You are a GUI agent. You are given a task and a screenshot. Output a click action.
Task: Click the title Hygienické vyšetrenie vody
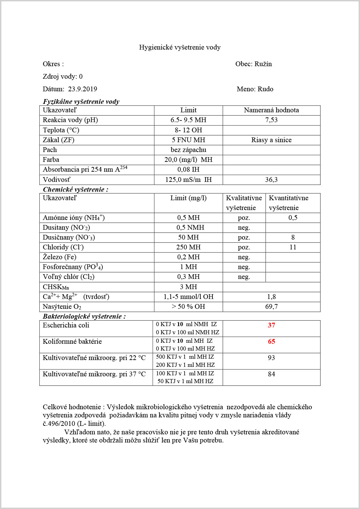click(x=180, y=47)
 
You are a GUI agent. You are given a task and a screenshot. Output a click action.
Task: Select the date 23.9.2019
click(x=82, y=89)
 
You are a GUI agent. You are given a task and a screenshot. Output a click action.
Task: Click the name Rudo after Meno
click(x=265, y=89)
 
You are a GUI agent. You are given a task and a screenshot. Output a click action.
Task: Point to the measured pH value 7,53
click(x=271, y=120)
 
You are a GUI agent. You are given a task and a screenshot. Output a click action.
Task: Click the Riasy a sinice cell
click(x=271, y=140)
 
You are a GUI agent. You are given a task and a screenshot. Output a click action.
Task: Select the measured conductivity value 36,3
click(x=271, y=180)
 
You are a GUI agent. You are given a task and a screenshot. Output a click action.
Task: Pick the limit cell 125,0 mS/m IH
click(x=188, y=180)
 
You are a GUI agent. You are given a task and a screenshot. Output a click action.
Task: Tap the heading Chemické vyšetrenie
click(x=75, y=189)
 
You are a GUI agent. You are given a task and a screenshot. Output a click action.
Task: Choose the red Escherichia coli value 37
click(x=271, y=325)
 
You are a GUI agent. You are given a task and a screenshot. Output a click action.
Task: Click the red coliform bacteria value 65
click(x=271, y=341)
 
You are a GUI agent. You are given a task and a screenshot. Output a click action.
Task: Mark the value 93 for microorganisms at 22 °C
click(x=271, y=358)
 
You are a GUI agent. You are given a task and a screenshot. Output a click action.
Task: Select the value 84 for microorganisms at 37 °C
click(x=271, y=374)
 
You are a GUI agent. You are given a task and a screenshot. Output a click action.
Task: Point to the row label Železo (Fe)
click(x=60, y=257)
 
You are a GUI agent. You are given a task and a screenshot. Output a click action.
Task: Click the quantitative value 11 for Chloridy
click(x=293, y=247)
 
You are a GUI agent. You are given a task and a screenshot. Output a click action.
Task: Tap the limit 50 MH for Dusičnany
click(x=188, y=237)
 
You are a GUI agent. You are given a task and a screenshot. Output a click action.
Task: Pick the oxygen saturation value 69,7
click(x=271, y=306)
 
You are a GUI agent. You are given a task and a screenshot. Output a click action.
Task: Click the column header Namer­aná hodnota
click(x=271, y=110)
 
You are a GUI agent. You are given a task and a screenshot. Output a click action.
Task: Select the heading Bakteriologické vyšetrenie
click(x=84, y=316)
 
